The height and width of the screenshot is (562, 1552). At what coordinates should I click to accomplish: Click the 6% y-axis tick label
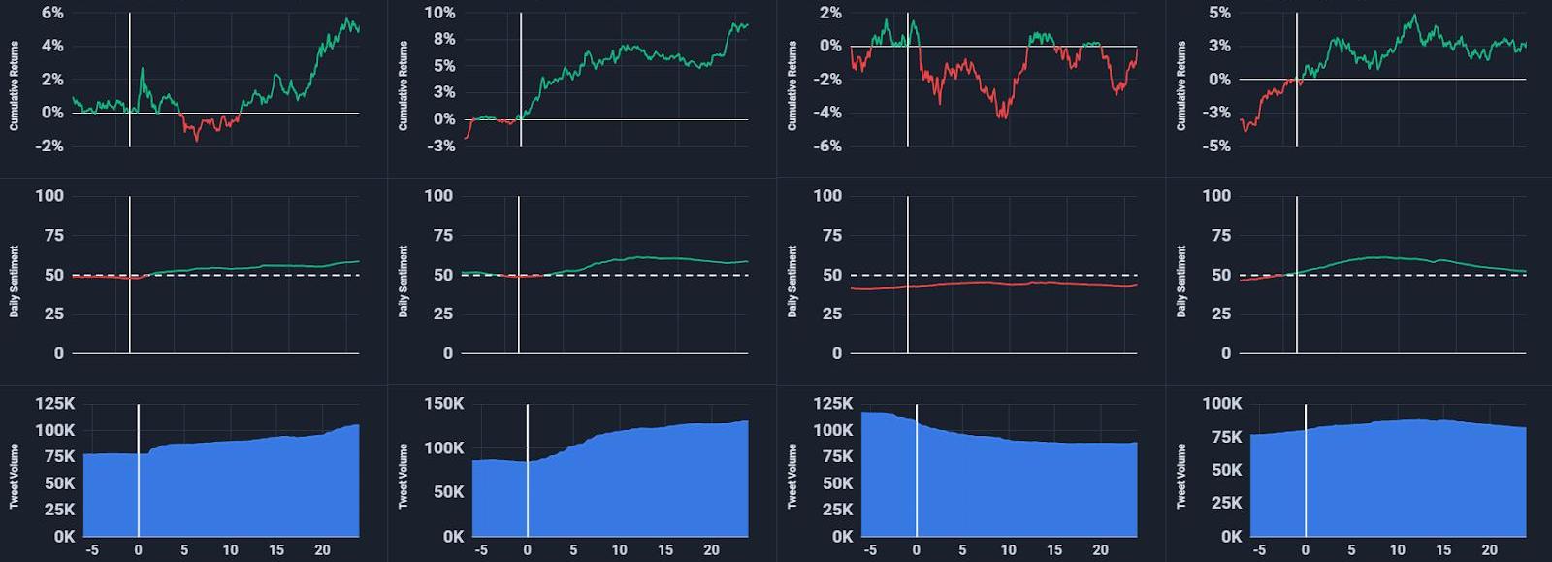pyautogui.click(x=52, y=13)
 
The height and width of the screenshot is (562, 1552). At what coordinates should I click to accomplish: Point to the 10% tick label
pyautogui.click(x=439, y=13)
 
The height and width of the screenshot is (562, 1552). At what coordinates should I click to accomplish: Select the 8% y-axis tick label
pyautogui.click(x=443, y=39)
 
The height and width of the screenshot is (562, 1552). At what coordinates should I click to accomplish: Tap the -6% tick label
pyautogui.click(x=827, y=146)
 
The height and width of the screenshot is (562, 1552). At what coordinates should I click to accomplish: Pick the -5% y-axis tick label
pyautogui.click(x=1218, y=146)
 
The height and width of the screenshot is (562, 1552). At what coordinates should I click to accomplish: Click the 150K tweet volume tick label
pyautogui.click(x=444, y=404)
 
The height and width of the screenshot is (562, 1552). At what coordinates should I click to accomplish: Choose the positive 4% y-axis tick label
pyautogui.click(x=52, y=46)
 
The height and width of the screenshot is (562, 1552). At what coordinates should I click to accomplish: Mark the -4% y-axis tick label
pyautogui.click(x=827, y=113)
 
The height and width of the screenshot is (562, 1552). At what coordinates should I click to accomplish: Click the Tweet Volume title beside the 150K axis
pyautogui.click(x=404, y=476)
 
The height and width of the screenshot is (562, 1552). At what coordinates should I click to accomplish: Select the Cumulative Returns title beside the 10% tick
pyautogui.click(x=404, y=85)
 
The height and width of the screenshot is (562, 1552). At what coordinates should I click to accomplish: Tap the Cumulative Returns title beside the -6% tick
pyautogui.click(x=792, y=85)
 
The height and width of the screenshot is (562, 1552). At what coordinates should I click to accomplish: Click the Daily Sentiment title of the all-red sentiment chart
pyautogui.click(x=792, y=281)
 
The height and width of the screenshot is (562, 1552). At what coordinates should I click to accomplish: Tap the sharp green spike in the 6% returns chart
pyautogui.click(x=142, y=70)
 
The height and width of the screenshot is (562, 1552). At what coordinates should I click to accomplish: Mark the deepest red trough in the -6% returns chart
pyautogui.click(x=1002, y=116)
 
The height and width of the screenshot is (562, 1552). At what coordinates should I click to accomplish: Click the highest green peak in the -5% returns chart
pyautogui.click(x=1414, y=17)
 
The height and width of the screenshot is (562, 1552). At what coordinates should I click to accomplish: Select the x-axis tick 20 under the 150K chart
pyautogui.click(x=712, y=550)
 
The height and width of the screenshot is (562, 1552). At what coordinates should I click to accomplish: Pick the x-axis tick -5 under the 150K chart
pyautogui.click(x=481, y=550)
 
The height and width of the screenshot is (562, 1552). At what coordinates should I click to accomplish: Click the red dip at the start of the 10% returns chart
pyautogui.click(x=467, y=136)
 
